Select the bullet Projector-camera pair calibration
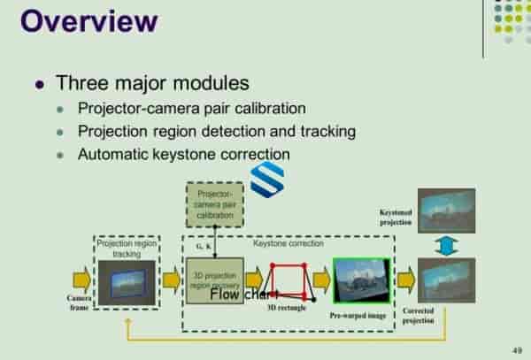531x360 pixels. [x=191, y=109]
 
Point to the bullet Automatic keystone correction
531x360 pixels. [x=183, y=153]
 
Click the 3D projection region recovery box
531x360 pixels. [x=214, y=280]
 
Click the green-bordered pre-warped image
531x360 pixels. [x=361, y=281]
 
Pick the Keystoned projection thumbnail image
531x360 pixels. [x=446, y=210]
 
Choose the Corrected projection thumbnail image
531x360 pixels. [x=446, y=280]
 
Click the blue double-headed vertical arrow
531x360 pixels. [x=447, y=245]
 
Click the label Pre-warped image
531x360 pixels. [x=360, y=315]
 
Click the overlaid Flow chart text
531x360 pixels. [x=245, y=295]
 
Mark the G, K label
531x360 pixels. [x=202, y=247]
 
